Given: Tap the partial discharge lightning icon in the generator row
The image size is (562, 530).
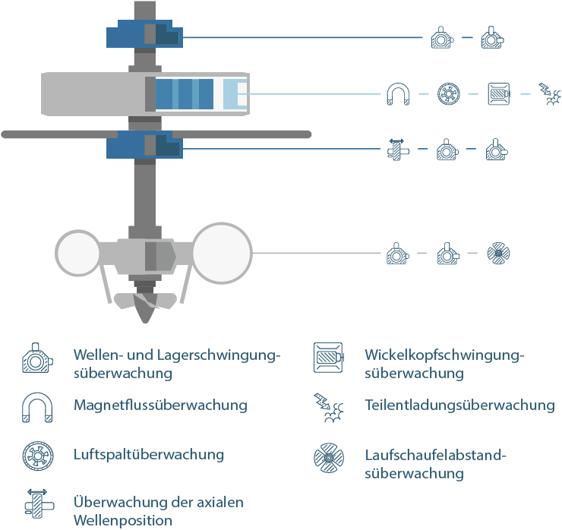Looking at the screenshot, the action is click(x=550, y=94).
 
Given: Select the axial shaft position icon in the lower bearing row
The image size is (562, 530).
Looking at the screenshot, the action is click(x=397, y=150).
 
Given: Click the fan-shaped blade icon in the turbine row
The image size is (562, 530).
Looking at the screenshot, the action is click(x=498, y=254).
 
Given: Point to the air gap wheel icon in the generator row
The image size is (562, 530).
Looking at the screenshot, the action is click(x=449, y=94).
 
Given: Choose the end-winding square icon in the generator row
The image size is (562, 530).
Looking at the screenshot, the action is click(x=499, y=94).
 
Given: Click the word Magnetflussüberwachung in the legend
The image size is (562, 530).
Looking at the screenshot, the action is click(x=160, y=405).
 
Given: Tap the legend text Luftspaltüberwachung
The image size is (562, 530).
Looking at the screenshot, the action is click(x=149, y=455).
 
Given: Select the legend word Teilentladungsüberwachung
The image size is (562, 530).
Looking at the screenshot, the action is click(x=459, y=405).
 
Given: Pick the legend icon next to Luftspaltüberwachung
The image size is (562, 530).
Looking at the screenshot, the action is click(x=38, y=456).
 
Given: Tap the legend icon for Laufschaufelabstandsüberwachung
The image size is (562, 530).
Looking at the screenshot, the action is click(x=329, y=458).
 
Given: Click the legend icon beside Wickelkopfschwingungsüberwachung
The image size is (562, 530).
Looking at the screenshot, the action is click(x=328, y=358).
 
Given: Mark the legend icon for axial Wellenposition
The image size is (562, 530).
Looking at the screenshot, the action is click(x=38, y=504).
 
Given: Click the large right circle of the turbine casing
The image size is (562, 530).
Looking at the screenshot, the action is click(x=222, y=253).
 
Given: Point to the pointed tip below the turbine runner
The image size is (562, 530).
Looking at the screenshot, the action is click(x=146, y=321).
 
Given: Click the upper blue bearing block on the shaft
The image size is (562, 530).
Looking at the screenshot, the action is click(x=144, y=33).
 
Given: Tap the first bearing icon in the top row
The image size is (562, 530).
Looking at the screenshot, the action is click(x=442, y=37).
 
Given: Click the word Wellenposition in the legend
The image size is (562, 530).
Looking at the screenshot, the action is click(x=123, y=520).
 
